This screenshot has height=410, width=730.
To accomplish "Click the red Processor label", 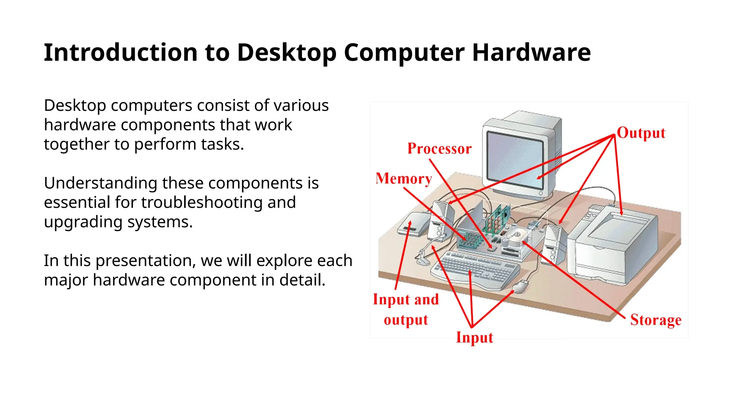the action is click(x=439, y=149).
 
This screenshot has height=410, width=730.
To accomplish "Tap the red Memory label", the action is click(x=403, y=179).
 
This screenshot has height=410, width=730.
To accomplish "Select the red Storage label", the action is click(x=656, y=320).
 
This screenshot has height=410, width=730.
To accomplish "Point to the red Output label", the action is click(x=641, y=133).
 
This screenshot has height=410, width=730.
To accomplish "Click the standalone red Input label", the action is click(x=474, y=337).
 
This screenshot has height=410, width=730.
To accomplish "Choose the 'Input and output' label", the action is click(x=406, y=309).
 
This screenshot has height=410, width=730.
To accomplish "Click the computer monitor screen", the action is click(x=515, y=159).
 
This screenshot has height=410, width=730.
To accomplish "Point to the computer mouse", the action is click(x=521, y=286).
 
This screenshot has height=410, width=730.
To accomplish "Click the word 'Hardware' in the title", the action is click(x=531, y=53).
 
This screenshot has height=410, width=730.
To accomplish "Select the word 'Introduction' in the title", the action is click(x=120, y=53).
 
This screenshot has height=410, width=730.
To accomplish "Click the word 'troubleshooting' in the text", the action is click(x=202, y=203).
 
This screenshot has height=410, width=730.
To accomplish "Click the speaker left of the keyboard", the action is click(x=442, y=221).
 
